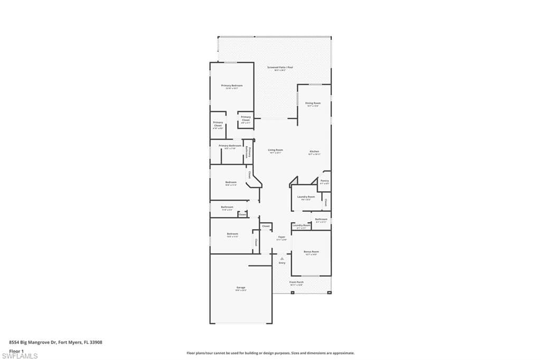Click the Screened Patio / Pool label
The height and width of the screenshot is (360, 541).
pyautogui.click(x=280, y=68)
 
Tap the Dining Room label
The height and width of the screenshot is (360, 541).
pyautogui.click(x=313, y=103)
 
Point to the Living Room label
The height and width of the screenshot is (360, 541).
pyautogui.click(x=276, y=150)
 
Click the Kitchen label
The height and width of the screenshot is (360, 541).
pyautogui.click(x=314, y=151)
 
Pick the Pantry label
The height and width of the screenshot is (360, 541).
pyautogui.click(x=324, y=181)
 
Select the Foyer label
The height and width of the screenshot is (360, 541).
pyautogui.click(x=282, y=237)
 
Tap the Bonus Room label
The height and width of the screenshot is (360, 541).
pyautogui.click(x=311, y=252)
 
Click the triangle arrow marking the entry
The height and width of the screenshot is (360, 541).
pyautogui.click(x=282, y=259)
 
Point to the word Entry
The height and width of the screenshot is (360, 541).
pyautogui.click(x=282, y=263)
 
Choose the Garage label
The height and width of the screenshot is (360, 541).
pyautogui.click(x=240, y=288)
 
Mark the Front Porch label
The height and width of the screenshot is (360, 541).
pyautogui.click(x=296, y=282)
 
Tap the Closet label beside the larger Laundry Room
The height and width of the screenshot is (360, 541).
pyautogui.click(x=326, y=202)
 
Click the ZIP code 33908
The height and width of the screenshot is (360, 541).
pyautogui.click(x=96, y=342)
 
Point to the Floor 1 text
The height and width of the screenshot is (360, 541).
pyautogui.click(x=17, y=350)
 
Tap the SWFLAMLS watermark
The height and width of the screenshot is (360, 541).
pyautogui.click(x=20, y=356)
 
